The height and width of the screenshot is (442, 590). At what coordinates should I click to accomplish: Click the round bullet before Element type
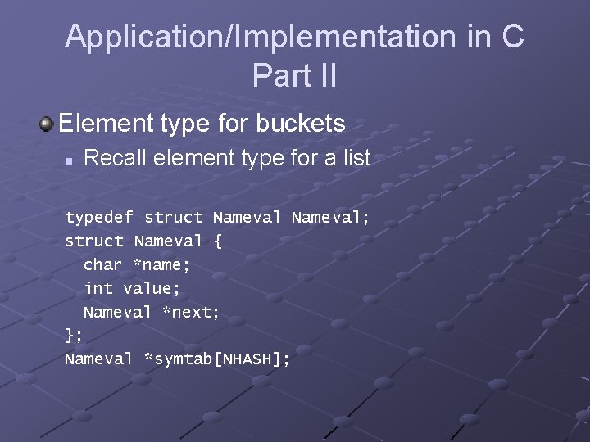[x=47, y=124]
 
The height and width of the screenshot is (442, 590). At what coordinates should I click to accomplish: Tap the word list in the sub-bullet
[x=356, y=158]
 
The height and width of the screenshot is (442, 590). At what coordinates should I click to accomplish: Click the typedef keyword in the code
[x=99, y=218]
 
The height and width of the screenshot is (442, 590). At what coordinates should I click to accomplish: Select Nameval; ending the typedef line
[x=330, y=218]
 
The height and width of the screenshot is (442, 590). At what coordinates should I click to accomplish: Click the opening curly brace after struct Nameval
[x=217, y=241]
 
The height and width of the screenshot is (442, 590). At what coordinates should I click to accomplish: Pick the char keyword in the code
[x=103, y=264]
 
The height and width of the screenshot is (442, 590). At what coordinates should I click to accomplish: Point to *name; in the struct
[x=162, y=264]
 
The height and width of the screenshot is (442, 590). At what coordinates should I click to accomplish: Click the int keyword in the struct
[x=98, y=288]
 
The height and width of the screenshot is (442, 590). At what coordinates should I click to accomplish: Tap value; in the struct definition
[x=152, y=288]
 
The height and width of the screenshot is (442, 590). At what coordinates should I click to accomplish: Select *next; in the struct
[x=191, y=312]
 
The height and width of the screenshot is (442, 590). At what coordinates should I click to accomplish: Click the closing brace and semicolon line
[x=74, y=336]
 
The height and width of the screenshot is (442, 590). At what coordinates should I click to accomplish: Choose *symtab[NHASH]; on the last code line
[x=216, y=359]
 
